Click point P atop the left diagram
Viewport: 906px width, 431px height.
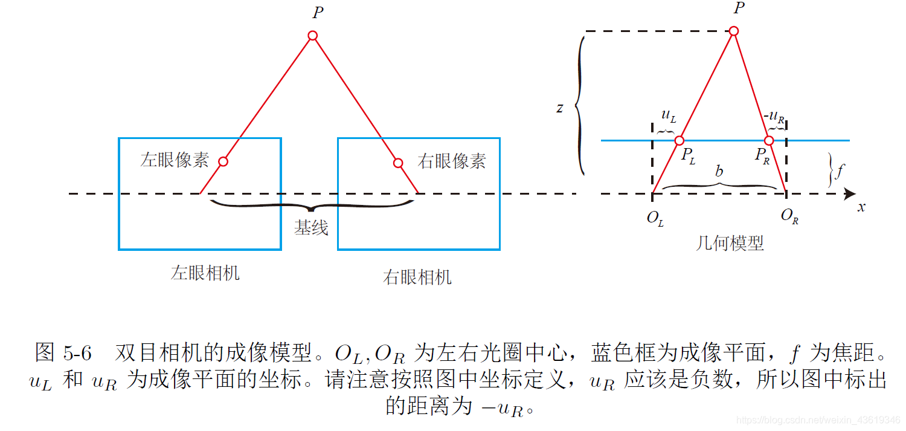313,36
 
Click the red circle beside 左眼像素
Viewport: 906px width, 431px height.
223,161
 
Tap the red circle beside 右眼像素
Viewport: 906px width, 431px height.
398,163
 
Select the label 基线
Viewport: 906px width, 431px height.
311,227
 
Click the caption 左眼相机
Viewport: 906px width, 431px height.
205,273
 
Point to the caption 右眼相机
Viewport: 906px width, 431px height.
417,277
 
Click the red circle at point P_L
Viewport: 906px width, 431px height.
679,141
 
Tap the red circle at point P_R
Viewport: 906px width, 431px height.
769,141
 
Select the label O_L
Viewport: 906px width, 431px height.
655,218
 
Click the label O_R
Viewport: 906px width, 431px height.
789,216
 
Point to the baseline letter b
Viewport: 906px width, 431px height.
719,171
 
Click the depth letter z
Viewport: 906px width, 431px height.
560,108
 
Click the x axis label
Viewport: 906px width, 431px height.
861,207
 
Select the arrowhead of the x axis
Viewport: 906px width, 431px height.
850,194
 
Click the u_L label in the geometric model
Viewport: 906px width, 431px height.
669,115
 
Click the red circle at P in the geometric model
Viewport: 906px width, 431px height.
734,31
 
